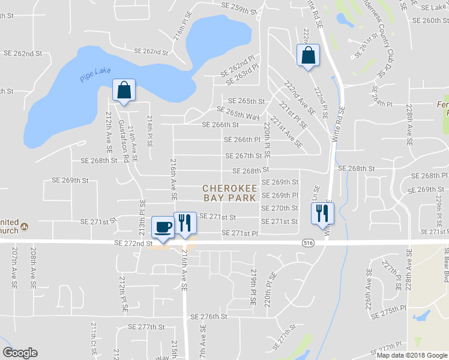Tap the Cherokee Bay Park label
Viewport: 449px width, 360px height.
click(230, 193)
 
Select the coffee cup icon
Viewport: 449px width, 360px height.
click(163, 226)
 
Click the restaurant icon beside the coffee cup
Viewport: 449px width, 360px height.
click(185, 223)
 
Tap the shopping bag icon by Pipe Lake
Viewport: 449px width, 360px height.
click(124, 91)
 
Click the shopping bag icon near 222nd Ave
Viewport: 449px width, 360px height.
click(308, 55)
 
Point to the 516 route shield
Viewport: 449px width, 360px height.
click(307, 242)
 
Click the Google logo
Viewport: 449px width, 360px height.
click(20, 353)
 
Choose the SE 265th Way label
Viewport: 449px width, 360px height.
click(238, 113)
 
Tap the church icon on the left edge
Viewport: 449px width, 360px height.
click(25, 226)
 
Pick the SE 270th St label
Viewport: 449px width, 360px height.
click(280, 208)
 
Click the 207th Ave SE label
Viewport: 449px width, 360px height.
click(14, 263)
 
